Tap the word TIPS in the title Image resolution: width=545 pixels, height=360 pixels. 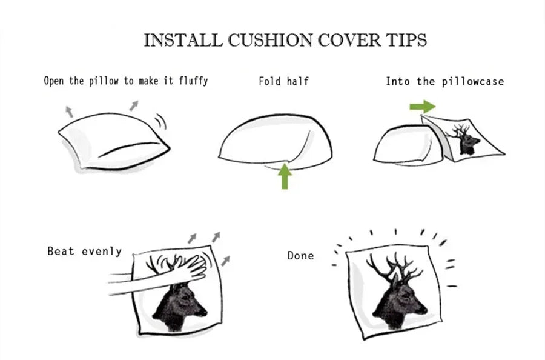pos(406,41)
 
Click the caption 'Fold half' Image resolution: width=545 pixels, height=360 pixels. pos(283,81)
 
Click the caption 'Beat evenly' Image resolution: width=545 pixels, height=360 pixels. pos(84,251)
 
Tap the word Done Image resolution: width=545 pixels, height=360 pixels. pos(300,256)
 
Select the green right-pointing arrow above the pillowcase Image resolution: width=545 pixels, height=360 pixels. pos(422,107)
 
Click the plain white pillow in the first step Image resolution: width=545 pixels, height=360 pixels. pos(112,140)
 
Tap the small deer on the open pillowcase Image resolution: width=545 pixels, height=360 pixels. pos(467,141)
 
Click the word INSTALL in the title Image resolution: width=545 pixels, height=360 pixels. pos(182,41)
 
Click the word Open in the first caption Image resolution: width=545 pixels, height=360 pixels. pos(54,81)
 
